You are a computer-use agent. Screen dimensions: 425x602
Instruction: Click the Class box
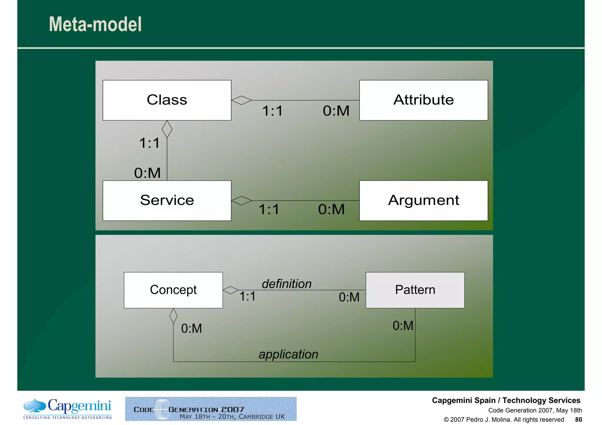(167, 100)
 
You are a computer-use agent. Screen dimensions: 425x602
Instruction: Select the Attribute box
(424, 100)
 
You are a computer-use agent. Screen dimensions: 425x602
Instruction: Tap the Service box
(167, 201)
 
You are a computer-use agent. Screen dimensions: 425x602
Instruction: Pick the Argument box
(424, 201)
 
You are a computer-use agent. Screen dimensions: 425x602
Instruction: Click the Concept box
(173, 290)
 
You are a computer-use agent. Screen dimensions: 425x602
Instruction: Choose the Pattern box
(415, 290)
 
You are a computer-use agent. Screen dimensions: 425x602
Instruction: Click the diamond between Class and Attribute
(241, 100)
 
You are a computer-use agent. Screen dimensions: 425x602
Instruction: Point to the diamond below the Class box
(167, 129)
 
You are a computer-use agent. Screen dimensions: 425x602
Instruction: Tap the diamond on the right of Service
(241, 201)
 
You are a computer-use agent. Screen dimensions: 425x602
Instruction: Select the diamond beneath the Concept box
(173, 316)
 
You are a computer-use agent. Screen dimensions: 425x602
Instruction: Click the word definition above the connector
(287, 284)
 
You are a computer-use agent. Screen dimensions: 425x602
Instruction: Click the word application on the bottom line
(288, 354)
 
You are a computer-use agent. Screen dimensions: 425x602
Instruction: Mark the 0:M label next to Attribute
(336, 111)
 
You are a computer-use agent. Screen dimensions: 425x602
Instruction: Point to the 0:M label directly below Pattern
(403, 326)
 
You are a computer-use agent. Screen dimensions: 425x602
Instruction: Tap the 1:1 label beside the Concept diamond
(248, 297)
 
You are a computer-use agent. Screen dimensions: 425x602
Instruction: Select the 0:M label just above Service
(148, 173)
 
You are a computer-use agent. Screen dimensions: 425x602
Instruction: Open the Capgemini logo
(68, 409)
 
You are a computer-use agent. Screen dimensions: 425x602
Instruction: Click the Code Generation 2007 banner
(211, 409)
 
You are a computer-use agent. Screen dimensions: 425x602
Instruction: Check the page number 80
(578, 419)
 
